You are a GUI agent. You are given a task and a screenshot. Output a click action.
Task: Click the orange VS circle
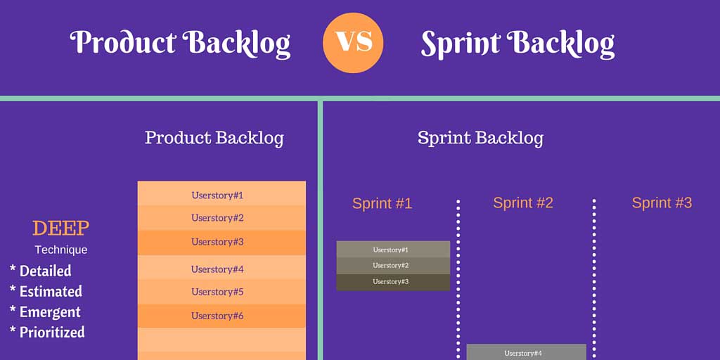coord(353,43)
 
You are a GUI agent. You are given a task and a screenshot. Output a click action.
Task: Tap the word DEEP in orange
coord(60,229)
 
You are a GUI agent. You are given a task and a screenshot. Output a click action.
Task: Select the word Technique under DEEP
coord(61,250)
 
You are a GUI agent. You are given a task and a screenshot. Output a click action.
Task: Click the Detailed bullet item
coord(40,271)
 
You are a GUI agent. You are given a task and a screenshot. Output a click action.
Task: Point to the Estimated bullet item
coord(46,291)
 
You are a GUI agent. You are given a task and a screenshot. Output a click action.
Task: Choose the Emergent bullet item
coord(45,311)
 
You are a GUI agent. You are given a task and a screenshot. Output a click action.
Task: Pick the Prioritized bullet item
coord(47,332)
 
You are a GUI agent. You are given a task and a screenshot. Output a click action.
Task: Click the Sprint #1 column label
coord(382,203)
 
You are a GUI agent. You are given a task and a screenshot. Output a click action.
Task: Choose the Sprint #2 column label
coord(523,202)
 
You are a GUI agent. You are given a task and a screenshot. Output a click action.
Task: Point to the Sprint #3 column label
coord(662,202)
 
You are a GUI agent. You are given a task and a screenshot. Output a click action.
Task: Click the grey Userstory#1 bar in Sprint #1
coord(393,250)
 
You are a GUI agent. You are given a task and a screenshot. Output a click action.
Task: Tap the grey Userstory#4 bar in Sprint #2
coord(526,352)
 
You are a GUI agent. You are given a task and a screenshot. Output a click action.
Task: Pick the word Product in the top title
coord(122,43)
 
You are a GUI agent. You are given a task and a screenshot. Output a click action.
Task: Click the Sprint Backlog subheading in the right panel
coord(480,138)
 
